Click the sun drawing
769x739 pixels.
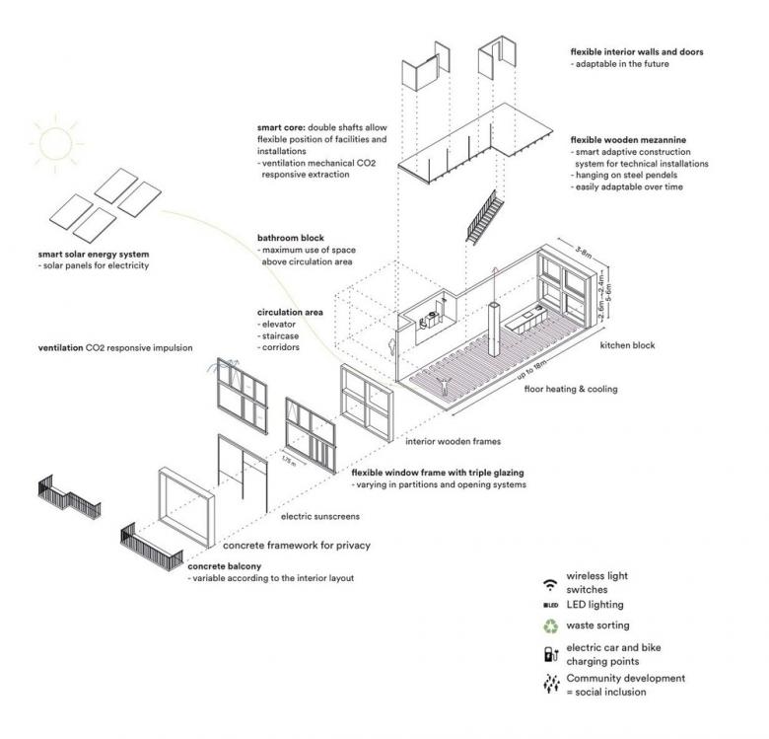55,144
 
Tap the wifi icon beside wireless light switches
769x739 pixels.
551,584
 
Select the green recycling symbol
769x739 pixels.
551,626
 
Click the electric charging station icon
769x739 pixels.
551,654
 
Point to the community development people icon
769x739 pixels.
551,683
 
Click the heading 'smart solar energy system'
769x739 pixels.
94,255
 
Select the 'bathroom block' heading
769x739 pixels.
290,238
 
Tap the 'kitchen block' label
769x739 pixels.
627,345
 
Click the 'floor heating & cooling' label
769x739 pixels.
571,389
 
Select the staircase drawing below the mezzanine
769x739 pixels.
484,217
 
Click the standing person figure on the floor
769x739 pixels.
444,386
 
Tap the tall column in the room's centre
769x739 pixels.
494,329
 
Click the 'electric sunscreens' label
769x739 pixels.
320,517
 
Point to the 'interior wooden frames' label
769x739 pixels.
454,442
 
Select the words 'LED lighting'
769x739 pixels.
594,605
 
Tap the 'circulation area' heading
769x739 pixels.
290,312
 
